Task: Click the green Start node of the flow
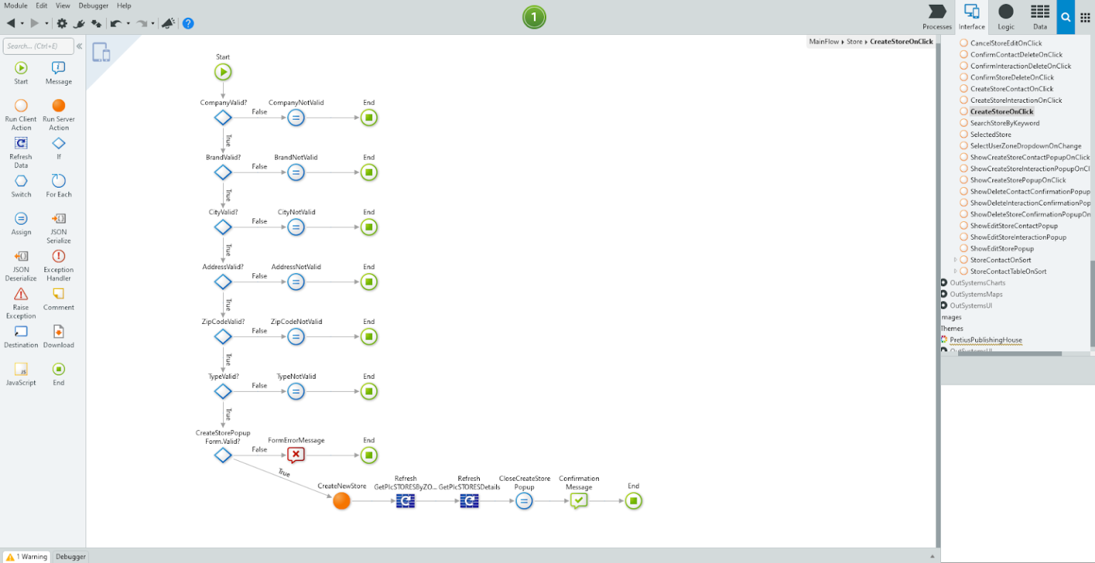223,72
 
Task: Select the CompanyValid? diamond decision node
223,118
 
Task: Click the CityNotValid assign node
296,228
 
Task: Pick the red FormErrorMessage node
296,455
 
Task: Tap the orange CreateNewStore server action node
341,501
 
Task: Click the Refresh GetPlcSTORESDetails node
469,501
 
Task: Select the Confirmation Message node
579,501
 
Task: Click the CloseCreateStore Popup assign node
524,501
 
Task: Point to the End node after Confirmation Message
633,501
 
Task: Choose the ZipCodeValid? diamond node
223,337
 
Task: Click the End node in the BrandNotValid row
369,173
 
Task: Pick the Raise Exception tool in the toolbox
21,295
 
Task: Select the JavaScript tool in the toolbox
21,370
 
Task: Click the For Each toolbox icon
58,181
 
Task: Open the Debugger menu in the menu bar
93,6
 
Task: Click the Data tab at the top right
1040,16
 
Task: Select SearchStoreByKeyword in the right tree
1004,123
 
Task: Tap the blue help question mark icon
188,24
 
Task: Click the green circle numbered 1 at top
534,17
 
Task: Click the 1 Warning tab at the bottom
27,557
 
